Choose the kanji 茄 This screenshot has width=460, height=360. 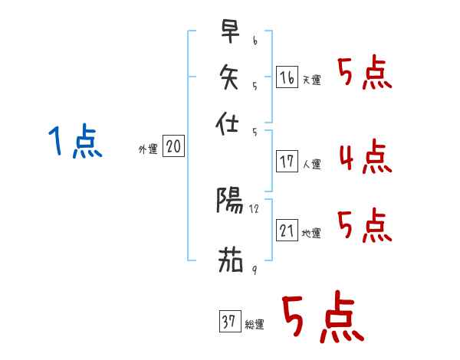point(229,260)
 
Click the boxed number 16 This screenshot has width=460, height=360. point(287,77)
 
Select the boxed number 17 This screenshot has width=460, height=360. point(287,162)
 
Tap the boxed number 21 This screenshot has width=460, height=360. point(287,231)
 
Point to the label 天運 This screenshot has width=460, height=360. point(311,80)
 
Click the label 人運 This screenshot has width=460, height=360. point(311,164)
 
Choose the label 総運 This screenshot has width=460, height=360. point(254,325)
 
